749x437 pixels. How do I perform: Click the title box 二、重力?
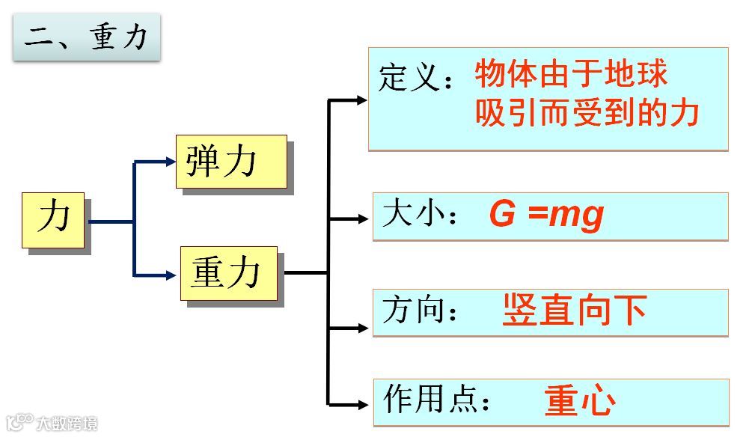click(86, 36)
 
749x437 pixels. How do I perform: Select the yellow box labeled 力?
click(53, 219)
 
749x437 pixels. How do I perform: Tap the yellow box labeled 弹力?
click(231, 161)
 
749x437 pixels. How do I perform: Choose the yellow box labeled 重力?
click(228, 273)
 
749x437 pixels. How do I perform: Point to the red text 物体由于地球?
click(571, 74)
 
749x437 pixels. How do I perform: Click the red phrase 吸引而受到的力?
click(587, 113)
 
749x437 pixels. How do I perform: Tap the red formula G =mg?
click(546, 215)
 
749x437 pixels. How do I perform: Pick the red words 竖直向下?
click(575, 310)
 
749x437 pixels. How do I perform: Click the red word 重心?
click(580, 401)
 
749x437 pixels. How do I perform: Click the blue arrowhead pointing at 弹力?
click(171, 161)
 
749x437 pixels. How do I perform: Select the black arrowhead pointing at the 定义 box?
click(362, 100)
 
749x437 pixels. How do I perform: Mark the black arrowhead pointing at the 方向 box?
click(364, 328)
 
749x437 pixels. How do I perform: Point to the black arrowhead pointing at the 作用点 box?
click(364, 405)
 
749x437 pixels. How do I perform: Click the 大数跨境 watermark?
click(52, 424)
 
